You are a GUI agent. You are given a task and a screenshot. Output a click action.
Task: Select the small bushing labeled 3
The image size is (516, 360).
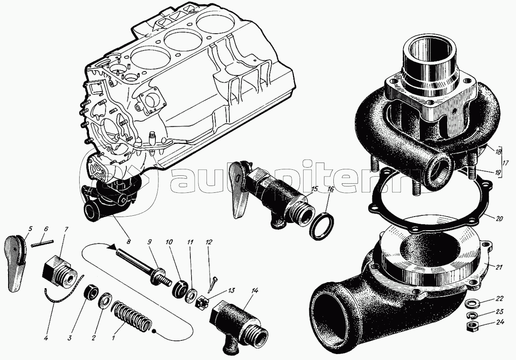91,293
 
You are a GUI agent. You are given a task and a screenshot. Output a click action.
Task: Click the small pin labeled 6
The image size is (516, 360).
42,244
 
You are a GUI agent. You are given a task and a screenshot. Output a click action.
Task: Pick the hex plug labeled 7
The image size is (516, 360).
60,271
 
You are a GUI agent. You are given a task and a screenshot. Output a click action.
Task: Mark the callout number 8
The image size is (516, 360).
128,241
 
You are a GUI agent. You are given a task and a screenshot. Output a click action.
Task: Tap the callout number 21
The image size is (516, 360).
499,267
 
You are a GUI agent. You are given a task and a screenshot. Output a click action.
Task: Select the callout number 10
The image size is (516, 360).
169,242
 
